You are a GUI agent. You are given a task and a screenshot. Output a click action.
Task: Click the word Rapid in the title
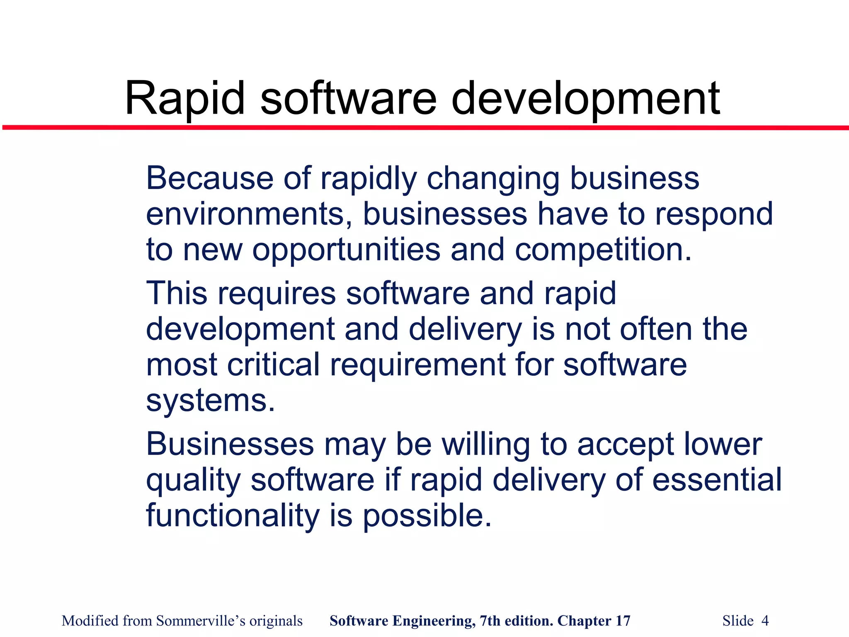click(185, 99)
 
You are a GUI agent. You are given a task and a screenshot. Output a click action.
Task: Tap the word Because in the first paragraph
click(209, 178)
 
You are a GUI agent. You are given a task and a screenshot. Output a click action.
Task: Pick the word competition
click(603, 250)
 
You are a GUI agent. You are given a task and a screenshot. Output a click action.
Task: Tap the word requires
click(277, 293)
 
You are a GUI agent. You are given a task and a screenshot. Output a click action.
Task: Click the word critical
click(274, 365)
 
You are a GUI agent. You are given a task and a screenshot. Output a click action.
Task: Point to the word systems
click(211, 401)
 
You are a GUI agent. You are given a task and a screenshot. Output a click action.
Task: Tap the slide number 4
click(765, 621)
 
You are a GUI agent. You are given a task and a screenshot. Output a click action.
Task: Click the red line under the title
click(424, 128)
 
